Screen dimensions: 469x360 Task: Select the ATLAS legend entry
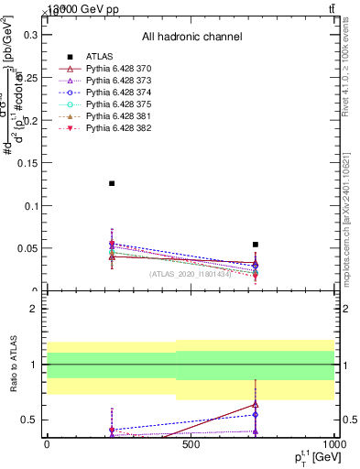(97, 57)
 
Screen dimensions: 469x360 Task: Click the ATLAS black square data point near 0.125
(112, 183)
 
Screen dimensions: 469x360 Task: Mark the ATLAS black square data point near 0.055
(256, 245)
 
